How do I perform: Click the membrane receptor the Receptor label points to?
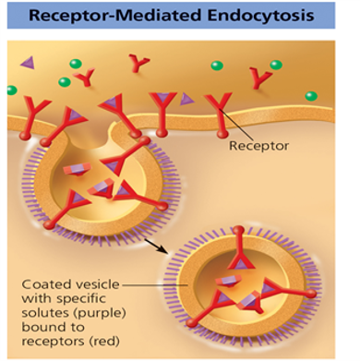[x=218, y=109]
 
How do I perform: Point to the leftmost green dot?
[x=11, y=90]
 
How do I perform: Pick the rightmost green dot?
[x=311, y=95]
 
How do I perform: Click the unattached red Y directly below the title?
[x=139, y=63]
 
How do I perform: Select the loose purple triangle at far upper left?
[x=28, y=61]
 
